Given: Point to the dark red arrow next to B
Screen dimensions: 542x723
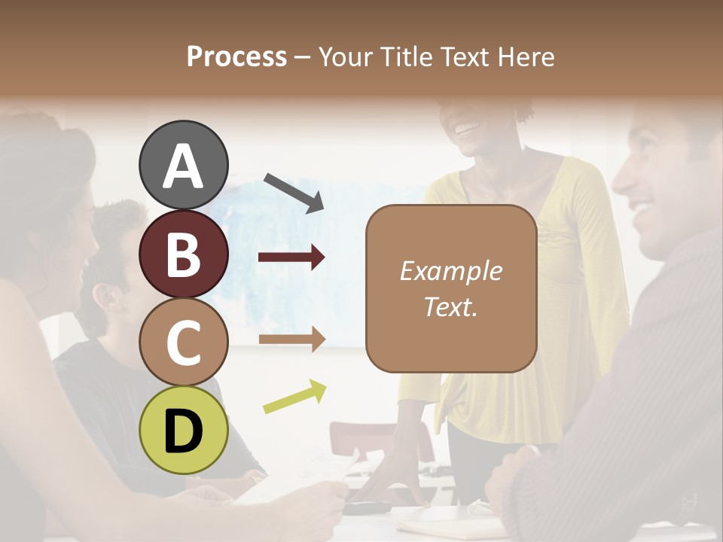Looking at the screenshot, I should [291, 257].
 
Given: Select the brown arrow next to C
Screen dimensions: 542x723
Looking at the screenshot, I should [291, 340].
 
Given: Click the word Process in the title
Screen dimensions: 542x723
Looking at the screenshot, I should [236, 56].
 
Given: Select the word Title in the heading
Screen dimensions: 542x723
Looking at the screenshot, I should [404, 56].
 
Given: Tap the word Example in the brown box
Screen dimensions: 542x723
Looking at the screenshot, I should [450, 271].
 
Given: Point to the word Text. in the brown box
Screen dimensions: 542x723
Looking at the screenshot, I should [450, 306].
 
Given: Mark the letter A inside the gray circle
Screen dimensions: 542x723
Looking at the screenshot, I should [183, 166].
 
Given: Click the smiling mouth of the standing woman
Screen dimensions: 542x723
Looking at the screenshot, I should [467, 128].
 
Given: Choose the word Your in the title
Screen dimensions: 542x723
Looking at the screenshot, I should [345, 56].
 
